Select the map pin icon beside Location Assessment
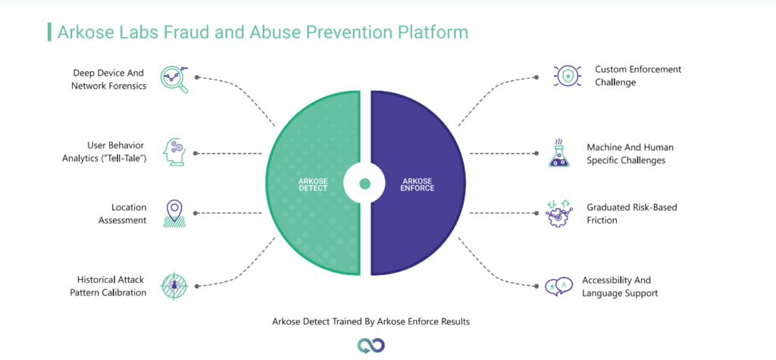click(x=174, y=214)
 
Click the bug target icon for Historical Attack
click(x=174, y=286)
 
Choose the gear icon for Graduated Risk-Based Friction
click(x=559, y=213)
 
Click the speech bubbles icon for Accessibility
click(x=559, y=286)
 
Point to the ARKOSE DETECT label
click(x=314, y=184)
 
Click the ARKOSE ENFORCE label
click(x=418, y=184)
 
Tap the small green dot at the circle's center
click(x=365, y=183)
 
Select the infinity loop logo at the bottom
click(x=371, y=346)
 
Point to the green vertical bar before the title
click(x=49, y=32)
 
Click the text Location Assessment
click(x=122, y=214)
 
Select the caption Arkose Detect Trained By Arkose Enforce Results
click(x=371, y=321)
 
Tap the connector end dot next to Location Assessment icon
click(x=196, y=214)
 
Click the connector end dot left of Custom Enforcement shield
click(x=537, y=77)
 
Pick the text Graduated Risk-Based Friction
click(x=632, y=214)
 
